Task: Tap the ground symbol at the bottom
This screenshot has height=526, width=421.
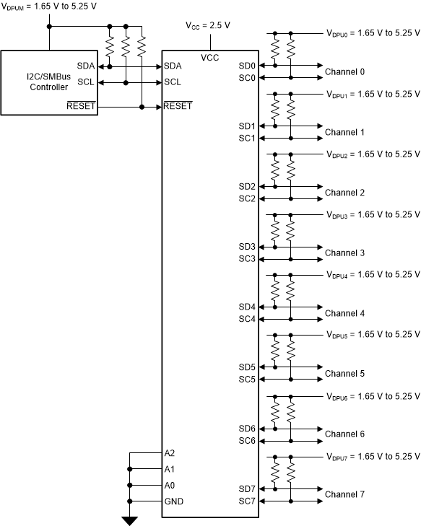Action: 130,520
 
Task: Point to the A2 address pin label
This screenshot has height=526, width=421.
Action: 170,454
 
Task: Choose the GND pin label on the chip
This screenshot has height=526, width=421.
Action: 174,501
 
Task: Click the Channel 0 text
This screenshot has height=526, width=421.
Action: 344,72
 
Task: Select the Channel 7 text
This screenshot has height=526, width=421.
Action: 344,494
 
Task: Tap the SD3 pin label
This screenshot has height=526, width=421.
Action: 247,247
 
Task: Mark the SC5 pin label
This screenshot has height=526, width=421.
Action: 247,380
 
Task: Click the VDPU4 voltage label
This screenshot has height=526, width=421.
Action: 373,275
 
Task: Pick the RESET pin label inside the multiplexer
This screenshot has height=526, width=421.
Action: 178,106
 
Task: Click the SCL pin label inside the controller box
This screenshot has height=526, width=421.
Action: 86,82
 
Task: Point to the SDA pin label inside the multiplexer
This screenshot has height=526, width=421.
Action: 173,66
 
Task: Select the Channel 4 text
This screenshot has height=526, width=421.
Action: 344,314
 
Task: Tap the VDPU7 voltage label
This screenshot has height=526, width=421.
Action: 373,456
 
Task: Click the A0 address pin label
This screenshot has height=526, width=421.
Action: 170,486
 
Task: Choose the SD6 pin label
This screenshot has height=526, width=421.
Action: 247,429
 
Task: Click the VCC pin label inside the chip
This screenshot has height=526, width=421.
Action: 210,57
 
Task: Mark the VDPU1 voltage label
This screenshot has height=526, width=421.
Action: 373,94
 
